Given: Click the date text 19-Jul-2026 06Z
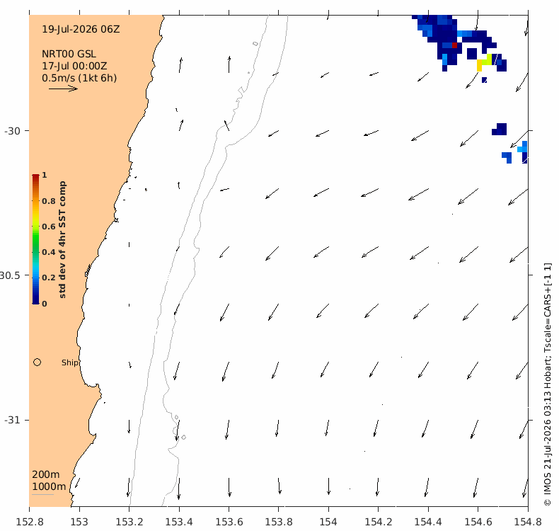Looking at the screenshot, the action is pos(81,29).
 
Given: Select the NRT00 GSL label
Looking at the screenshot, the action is pos(69,54).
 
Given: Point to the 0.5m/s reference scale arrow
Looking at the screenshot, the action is pos(63,88).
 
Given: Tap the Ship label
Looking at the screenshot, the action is pos(69,362).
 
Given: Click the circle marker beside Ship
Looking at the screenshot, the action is pos(37,362).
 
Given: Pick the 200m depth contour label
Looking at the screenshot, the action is pos(45,474).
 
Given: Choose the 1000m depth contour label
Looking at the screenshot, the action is pos(49,486).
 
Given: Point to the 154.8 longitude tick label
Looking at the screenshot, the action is pos(528,522).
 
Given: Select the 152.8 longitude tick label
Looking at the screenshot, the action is pos(30,522).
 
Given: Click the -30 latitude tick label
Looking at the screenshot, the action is pos(12,131).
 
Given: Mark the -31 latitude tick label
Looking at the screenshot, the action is pos(12,420).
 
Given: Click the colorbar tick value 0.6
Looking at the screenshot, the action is pos(49,227).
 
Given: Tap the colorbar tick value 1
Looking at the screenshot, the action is pos(44,175).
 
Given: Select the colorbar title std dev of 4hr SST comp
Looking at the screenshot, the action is pos(62,239).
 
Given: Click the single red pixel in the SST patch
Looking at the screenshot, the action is pos(454,45).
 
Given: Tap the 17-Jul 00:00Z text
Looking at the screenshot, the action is pos(74,66).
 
